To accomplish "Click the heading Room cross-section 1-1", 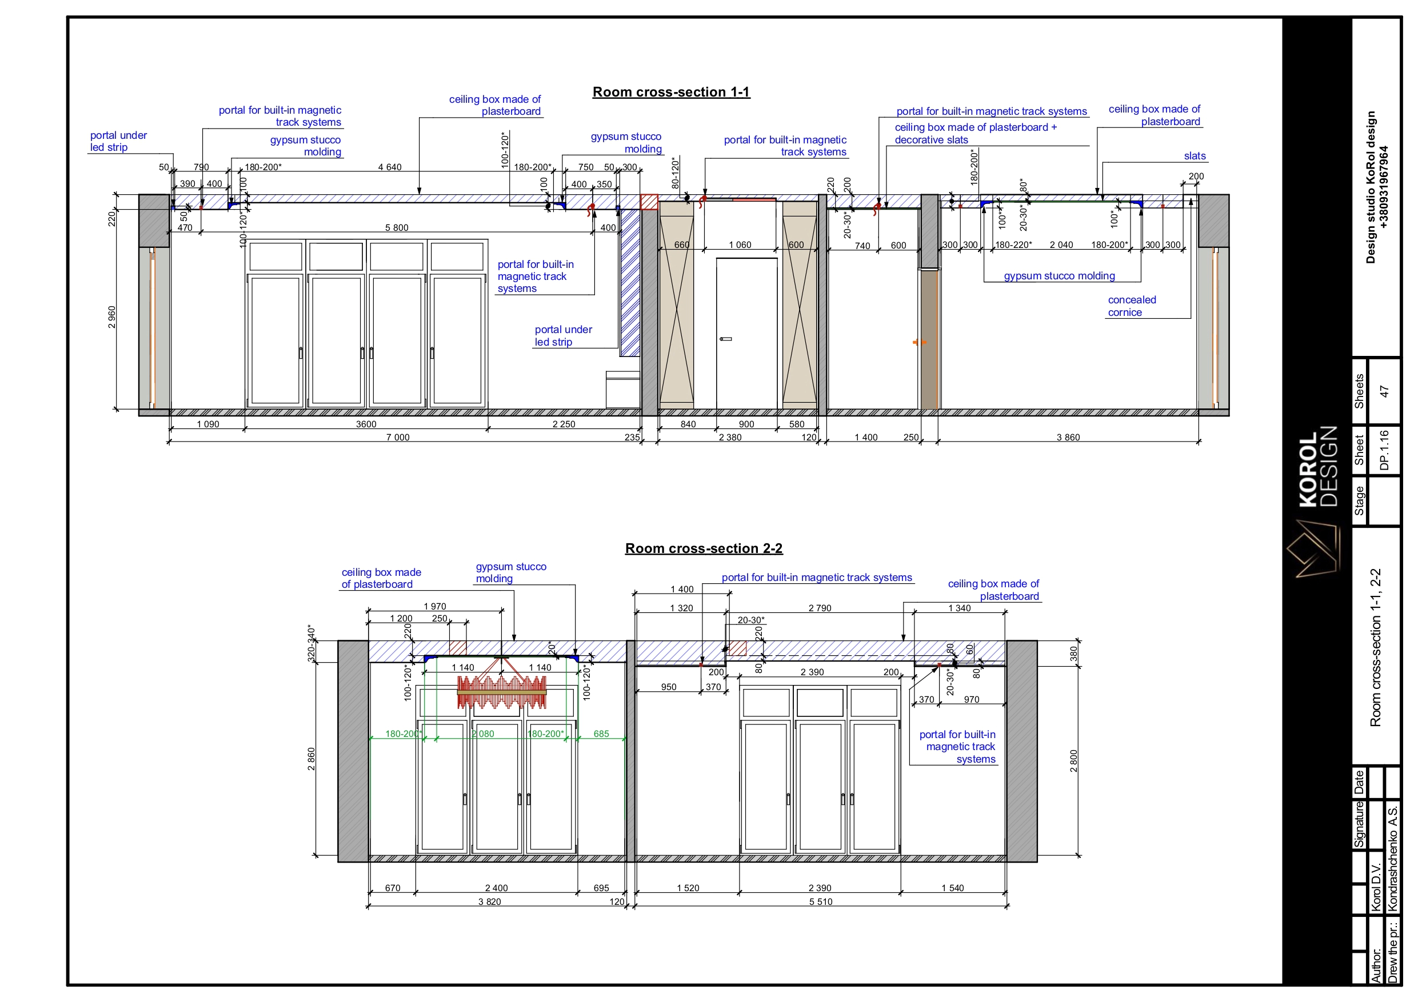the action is (671, 92).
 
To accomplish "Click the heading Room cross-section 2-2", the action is (704, 548).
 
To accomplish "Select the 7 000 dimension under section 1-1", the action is (398, 437).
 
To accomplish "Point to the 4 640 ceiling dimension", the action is (390, 167).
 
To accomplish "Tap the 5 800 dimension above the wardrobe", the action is (397, 227).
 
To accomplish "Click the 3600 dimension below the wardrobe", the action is (366, 424).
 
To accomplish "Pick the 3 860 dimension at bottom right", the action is (1068, 437).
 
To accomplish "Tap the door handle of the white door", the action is (726, 339).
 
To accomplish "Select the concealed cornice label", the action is (1132, 306).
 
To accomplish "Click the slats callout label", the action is (1195, 156).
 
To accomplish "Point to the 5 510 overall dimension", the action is (820, 901).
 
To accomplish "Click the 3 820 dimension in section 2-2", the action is (489, 901).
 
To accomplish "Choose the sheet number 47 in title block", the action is (1384, 391).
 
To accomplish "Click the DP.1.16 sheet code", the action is (1384, 450).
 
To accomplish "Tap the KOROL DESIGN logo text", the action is (1318, 467).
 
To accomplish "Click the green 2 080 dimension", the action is (483, 734).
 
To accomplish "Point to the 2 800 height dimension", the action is (1073, 761).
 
